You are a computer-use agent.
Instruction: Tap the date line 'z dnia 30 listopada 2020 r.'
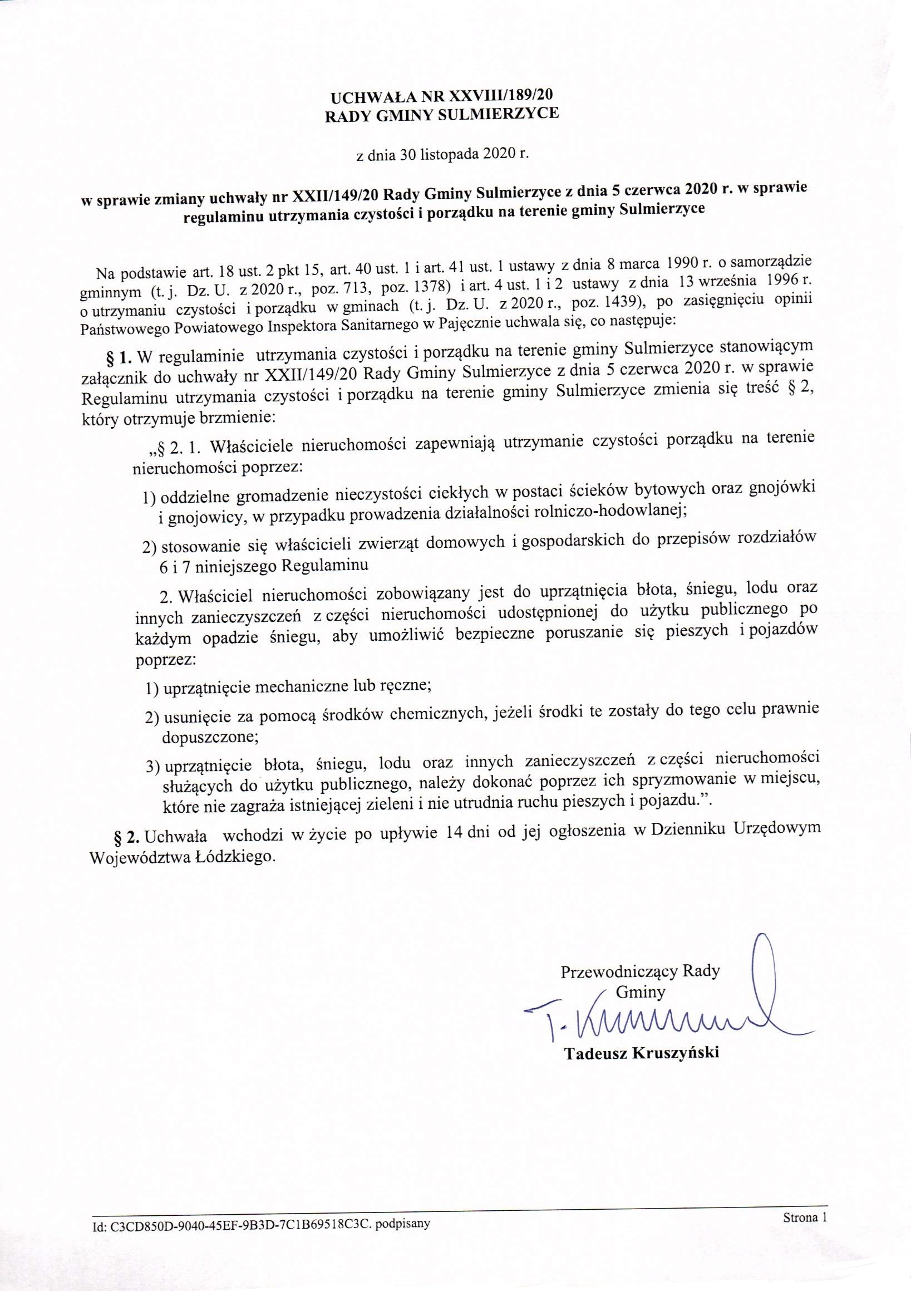[443, 155]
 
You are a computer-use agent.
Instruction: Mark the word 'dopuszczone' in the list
[209, 737]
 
